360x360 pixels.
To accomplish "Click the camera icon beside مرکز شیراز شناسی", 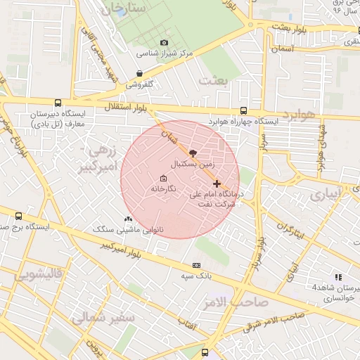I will (x=164, y=43).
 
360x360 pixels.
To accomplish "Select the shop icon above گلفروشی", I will (x=139, y=73).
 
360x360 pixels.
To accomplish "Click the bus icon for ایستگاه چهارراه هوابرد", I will (x=243, y=110).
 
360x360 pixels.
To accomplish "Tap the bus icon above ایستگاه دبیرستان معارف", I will (x=58, y=103).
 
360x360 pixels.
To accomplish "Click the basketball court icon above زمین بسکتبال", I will (x=193, y=152).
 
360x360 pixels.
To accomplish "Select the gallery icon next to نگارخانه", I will (x=163, y=178).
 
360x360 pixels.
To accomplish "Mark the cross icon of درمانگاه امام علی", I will (x=217, y=184).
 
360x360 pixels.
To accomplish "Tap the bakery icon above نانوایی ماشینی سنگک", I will (x=127, y=219).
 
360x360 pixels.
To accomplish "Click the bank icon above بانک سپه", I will (x=196, y=265).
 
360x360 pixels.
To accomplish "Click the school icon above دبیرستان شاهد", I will (x=338, y=277).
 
